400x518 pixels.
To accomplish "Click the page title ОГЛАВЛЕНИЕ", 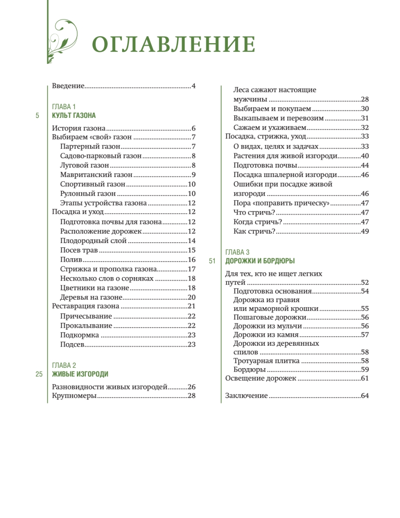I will coord(173,45).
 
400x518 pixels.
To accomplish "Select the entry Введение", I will coord(68,86).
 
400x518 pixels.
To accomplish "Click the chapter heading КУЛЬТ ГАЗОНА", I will coord(73,116).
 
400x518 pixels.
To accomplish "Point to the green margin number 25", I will coord(39,374).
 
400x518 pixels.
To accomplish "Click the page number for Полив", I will coord(192,260).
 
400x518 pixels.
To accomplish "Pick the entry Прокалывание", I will coord(86,325).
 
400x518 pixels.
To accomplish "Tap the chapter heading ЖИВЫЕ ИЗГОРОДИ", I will coord(80,374).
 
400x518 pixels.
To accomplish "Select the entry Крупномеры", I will coord(74,396).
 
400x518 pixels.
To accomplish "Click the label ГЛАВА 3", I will coord(237,252).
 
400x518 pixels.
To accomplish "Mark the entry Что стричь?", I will coord(254,212).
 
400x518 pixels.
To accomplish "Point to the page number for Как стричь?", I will coord(365,231).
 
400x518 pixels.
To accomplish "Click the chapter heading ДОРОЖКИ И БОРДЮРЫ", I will coord(260,261).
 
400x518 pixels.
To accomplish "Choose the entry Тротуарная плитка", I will coord(266,360).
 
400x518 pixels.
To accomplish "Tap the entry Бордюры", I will coord(249,370).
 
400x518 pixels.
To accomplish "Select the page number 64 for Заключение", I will coord(365,396).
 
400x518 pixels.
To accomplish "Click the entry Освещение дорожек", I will coord(261,378).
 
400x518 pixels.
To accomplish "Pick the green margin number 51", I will coord(212,261).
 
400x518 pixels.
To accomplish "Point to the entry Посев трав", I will coord(79,250).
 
